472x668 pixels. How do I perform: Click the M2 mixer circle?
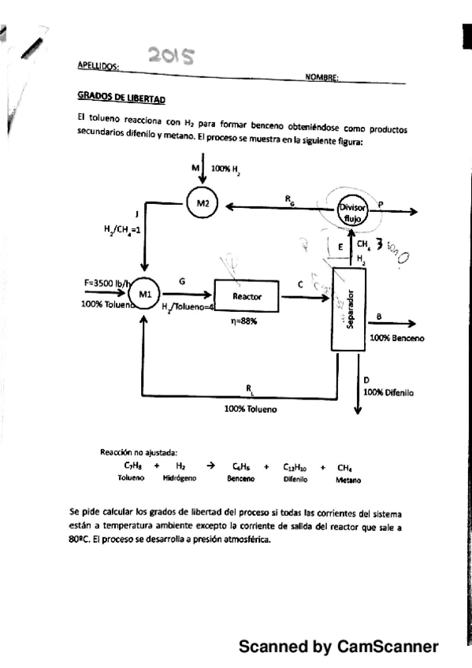pos(203,205)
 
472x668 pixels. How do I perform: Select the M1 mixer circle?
pos(145,294)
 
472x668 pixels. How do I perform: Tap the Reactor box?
pos(247,296)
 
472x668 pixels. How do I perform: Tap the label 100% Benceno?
pos(396,338)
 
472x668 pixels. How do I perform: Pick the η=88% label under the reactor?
pos(246,321)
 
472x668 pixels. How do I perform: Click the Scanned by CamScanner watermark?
pos(338,647)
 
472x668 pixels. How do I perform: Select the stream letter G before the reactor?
pos(183,279)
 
